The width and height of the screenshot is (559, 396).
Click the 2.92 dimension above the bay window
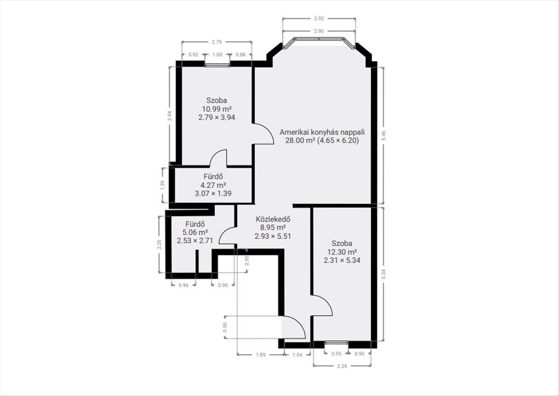pos(319,19)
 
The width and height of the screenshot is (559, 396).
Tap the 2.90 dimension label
pos(319,31)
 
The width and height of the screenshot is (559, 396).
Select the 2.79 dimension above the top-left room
pos(217,42)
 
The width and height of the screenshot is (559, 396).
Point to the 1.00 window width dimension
pos(217,54)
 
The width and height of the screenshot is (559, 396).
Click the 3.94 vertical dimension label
pos(170,116)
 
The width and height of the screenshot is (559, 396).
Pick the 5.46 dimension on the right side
pos(383,135)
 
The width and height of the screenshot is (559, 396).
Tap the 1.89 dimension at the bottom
pos(261,355)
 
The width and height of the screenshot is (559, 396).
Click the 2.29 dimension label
pos(342,366)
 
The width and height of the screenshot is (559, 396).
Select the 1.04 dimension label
pos(297,355)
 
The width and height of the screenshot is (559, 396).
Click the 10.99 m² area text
pos(217,109)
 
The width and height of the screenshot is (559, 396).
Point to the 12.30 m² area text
pos(342,252)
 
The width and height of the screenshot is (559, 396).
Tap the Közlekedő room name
pos(273,219)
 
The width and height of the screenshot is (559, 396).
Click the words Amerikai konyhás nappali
pos(322,132)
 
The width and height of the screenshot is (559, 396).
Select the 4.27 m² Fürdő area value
pos(213,185)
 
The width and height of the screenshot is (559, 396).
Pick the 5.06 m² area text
pos(195,232)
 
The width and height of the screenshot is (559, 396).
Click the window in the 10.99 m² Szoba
pos(217,65)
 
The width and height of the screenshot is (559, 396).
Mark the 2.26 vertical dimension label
pos(159,244)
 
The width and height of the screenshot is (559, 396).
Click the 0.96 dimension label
pos(184,285)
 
